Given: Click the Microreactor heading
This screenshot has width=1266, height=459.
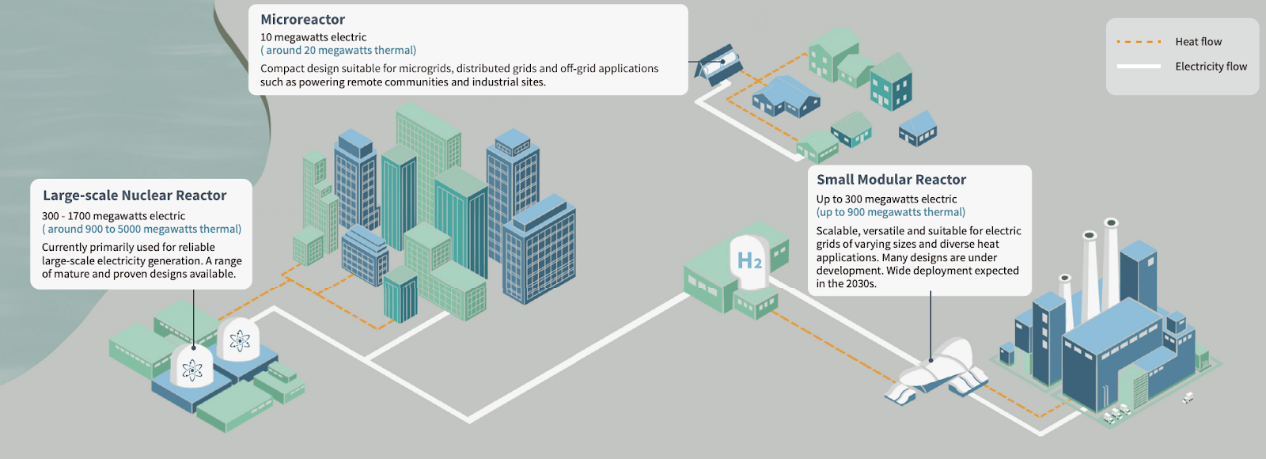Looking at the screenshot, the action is (302, 20).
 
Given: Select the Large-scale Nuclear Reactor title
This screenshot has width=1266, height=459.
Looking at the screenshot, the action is (135, 195).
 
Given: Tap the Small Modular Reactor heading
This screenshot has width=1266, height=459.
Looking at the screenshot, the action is (891, 180).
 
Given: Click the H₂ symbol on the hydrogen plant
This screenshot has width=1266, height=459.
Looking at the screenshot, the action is (749, 260).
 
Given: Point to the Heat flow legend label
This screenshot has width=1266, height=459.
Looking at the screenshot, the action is (1198, 42).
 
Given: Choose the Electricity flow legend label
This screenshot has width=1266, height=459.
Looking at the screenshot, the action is (1211, 66).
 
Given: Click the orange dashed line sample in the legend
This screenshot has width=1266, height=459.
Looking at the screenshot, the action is (1139, 42).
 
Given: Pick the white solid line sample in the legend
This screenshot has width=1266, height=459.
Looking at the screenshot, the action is (1139, 66).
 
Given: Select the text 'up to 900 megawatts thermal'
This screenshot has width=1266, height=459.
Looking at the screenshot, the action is (890, 213).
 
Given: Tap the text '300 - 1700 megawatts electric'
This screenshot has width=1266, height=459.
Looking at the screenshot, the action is (114, 216).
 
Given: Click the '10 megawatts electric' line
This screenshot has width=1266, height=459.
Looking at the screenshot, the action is (313, 37).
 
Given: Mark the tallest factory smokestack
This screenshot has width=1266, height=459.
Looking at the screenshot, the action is (1111, 263).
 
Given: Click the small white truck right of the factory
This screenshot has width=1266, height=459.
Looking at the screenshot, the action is (1188, 398).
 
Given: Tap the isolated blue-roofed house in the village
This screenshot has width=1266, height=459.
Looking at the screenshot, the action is (918, 128).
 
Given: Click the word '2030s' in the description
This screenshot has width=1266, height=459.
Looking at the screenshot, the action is (861, 284).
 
